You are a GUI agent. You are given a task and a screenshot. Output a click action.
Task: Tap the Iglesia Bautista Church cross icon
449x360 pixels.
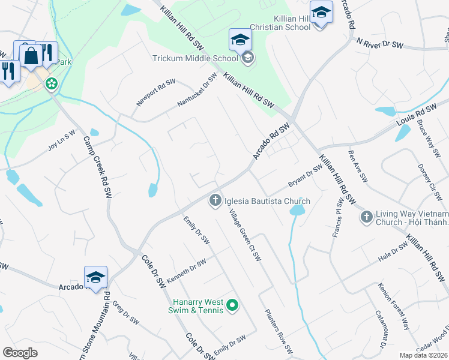pyautogui.click(x=215, y=201)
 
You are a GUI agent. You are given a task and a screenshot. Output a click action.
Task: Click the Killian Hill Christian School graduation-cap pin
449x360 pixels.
pyautogui.click(x=321, y=13)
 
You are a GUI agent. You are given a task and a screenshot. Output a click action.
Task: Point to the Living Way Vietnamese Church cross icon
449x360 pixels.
pyautogui.click(x=366, y=216)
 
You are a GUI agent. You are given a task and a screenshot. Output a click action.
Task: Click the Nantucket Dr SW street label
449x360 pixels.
pyautogui.click(x=197, y=91)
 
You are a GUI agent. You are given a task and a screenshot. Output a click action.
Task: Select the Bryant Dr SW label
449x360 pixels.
pyautogui.click(x=306, y=175)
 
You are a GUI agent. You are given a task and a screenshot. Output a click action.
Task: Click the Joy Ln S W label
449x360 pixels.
pyautogui.click(x=62, y=140)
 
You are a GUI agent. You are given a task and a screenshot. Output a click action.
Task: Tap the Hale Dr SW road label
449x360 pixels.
pyautogui.click(x=393, y=253)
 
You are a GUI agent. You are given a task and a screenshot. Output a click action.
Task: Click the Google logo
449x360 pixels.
pyautogui.click(x=20, y=353)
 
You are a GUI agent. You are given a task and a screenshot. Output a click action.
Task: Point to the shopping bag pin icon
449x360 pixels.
pyautogui.click(x=30, y=56)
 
